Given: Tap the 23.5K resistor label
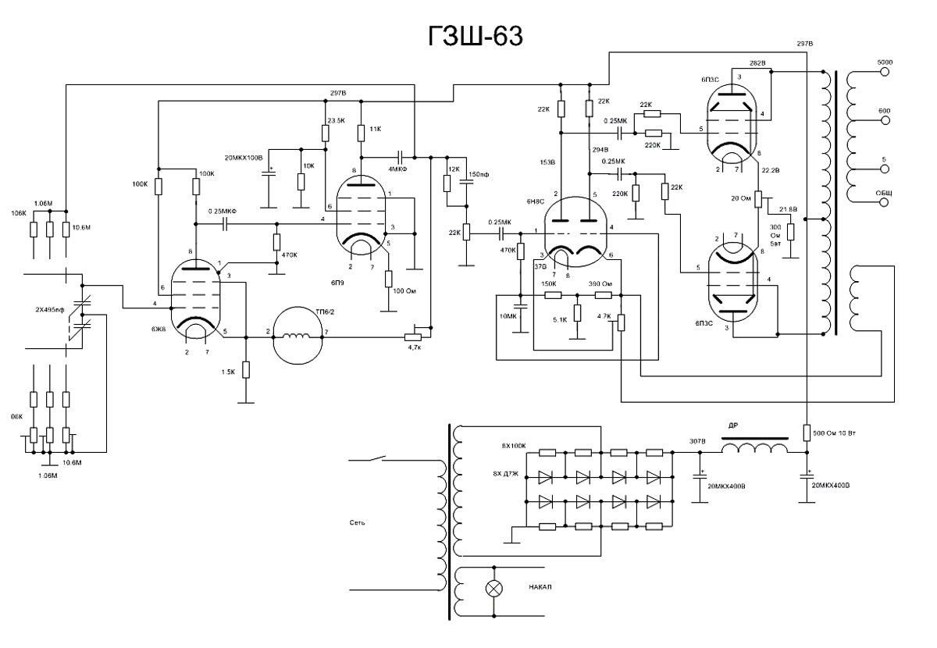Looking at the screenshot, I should pos(337,119).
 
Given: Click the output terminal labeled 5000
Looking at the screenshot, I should pos(885,70).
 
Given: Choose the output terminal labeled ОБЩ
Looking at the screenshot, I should pos(885,201).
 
